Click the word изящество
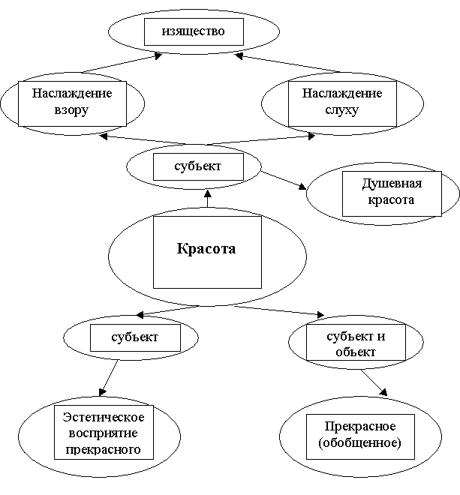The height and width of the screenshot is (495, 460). click(194, 31)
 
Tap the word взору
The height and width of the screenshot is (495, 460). click(71, 110)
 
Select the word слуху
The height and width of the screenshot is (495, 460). click(342, 110)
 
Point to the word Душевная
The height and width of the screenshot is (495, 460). click(392, 184)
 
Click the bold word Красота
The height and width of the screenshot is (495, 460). click(206, 248)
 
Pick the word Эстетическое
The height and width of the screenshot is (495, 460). click(104, 417)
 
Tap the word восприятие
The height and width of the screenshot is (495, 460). click(103, 433)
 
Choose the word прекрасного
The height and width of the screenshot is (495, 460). click(103, 449)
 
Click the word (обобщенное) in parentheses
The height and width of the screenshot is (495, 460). click(359, 442)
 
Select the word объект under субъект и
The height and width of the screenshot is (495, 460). click(356, 352)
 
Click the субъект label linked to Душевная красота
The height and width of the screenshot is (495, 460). click(198, 166)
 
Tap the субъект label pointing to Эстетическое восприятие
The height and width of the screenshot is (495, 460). click(134, 337)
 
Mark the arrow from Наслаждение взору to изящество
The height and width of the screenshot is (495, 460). click(122, 64)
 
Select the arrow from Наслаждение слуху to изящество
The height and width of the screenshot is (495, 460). click(287, 64)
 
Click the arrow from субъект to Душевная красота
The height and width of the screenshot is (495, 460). click(284, 180)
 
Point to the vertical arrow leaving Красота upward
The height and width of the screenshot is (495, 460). click(208, 198)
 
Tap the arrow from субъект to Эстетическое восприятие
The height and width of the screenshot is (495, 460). click(108, 378)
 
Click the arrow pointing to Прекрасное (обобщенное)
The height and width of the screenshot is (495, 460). click(374, 382)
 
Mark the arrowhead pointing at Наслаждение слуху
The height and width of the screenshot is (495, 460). click(311, 136)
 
